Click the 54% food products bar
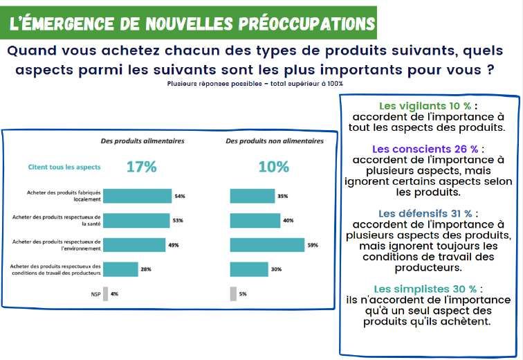(137, 196)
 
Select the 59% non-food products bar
(267, 244)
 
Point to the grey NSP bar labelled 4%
(105, 294)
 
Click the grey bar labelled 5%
(233, 294)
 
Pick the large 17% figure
(141, 167)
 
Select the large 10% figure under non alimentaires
(273, 167)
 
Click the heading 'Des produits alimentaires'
(143, 141)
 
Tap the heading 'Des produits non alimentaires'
(274, 141)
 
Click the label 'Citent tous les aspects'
(64, 167)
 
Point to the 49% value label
(174, 245)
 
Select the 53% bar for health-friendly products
(136, 220)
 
